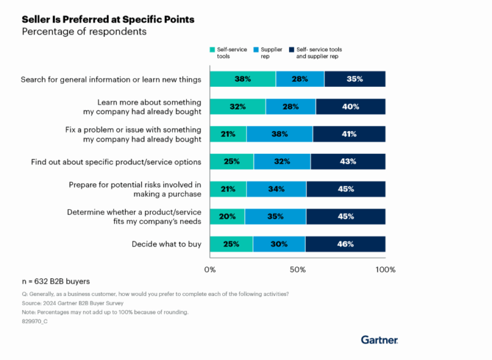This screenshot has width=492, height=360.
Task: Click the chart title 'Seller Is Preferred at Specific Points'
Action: (x=108, y=19)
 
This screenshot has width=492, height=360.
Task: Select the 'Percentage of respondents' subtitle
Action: (x=84, y=31)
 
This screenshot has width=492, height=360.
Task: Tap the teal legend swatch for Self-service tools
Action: (x=213, y=49)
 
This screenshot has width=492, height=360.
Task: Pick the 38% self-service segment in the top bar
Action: (x=242, y=79)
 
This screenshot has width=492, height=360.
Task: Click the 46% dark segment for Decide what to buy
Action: (x=345, y=244)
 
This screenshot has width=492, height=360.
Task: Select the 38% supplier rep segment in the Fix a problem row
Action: (x=279, y=134)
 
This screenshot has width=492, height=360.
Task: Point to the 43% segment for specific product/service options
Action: (x=347, y=162)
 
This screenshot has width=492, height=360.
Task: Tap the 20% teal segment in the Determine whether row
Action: (x=227, y=217)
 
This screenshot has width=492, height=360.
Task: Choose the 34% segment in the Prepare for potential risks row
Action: (x=276, y=189)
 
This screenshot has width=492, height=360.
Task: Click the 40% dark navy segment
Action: (x=350, y=106)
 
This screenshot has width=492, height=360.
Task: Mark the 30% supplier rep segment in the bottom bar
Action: (x=279, y=244)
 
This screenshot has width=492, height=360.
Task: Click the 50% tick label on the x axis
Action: (x=298, y=269)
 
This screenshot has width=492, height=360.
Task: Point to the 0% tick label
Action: (x=210, y=269)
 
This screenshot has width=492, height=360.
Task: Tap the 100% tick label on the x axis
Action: (x=385, y=269)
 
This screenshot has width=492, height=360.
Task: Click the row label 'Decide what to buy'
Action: (x=167, y=244)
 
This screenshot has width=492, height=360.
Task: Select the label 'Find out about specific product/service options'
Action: (x=116, y=162)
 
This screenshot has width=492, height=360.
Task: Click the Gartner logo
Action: (x=379, y=340)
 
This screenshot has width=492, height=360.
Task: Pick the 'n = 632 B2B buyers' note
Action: (x=56, y=281)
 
